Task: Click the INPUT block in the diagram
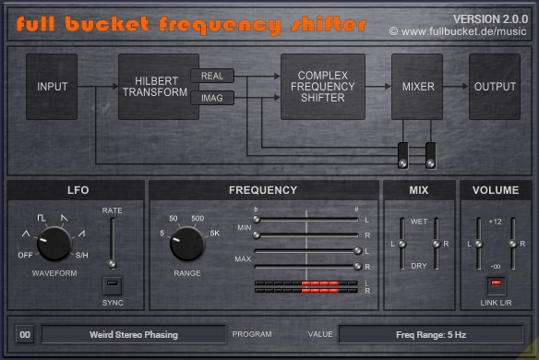52,87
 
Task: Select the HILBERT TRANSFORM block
151,87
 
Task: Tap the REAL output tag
212,76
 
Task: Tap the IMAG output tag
212,98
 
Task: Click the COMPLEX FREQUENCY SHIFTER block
322,87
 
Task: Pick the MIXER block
417,87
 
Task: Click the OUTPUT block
495,87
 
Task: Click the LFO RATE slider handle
112,263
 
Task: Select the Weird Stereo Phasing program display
133,334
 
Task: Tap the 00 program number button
25,334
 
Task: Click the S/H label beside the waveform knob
82,255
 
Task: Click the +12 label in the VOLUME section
495,222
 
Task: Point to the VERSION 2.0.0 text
490,18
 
